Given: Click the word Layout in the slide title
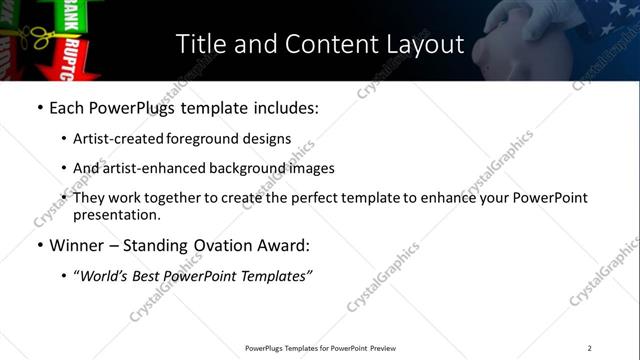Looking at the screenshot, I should pos(423,45).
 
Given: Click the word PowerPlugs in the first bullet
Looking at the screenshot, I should pos(126,107).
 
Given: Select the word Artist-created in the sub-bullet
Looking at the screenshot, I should pos(113,139).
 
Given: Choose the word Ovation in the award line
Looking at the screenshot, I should pos(219,245).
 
